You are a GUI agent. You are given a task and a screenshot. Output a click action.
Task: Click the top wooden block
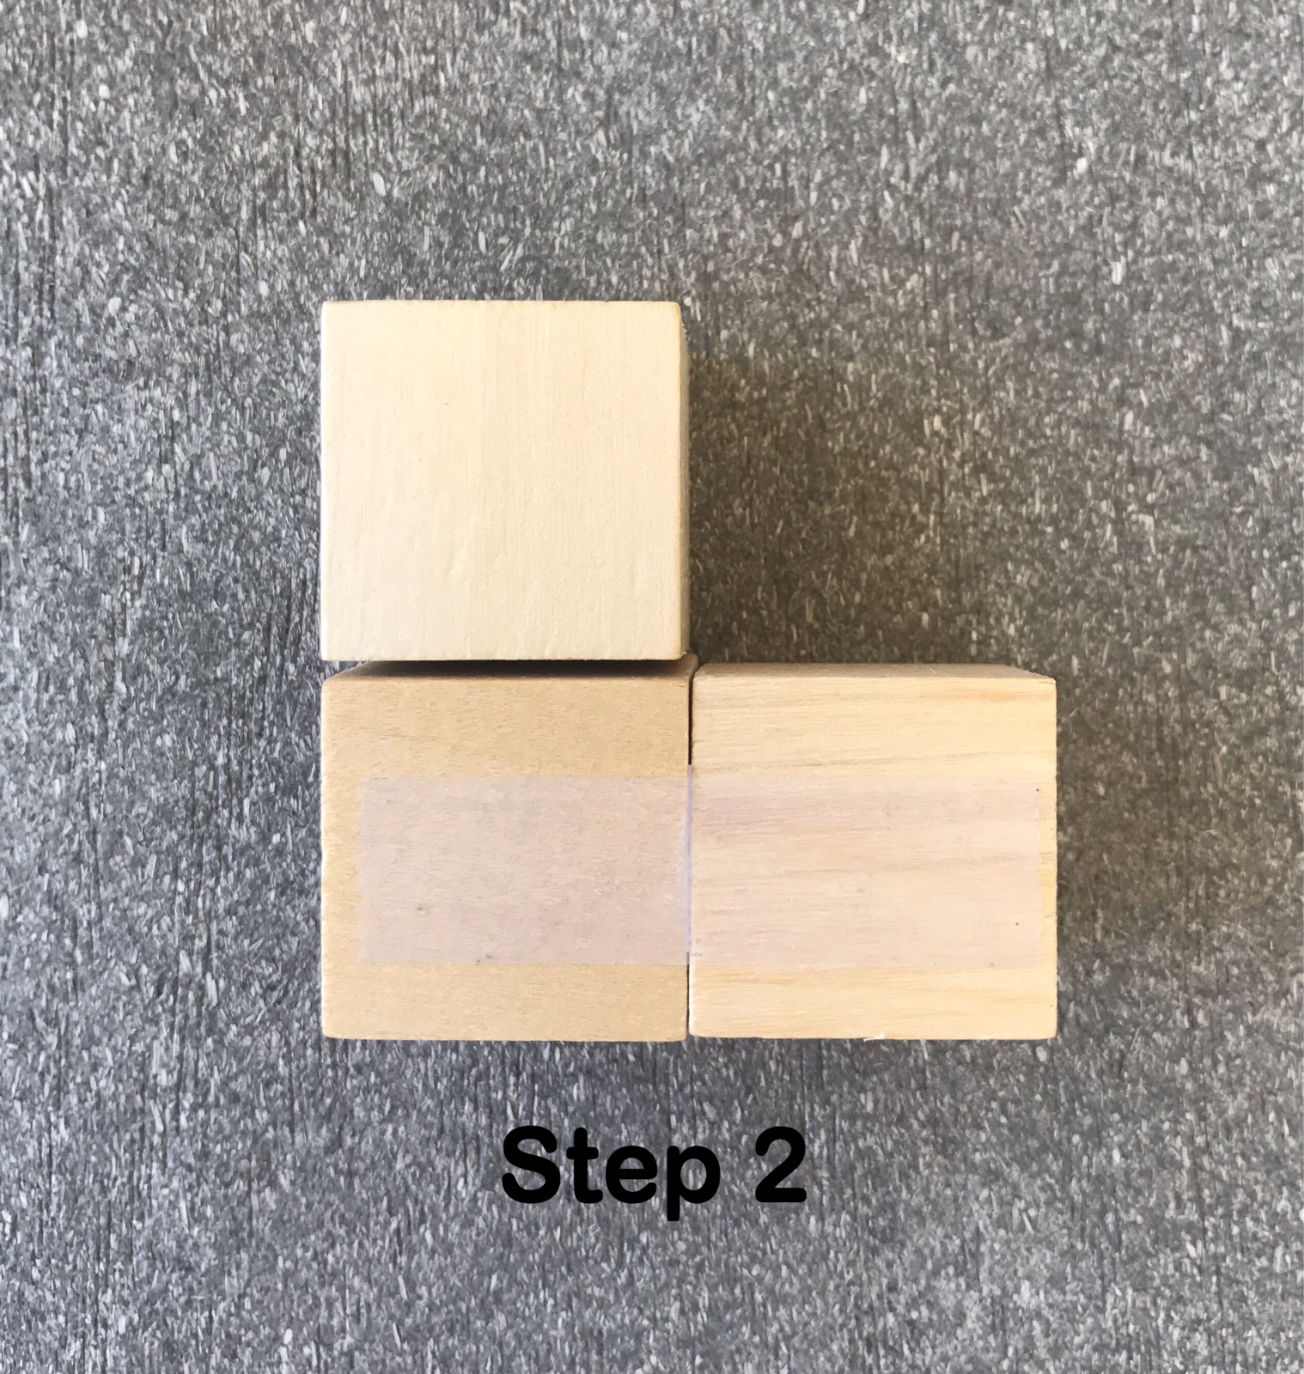(504, 481)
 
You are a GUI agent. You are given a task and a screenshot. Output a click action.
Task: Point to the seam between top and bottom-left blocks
(505, 661)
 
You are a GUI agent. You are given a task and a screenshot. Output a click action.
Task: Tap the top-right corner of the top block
(682, 302)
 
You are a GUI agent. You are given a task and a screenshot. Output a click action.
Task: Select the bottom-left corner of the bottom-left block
(325, 1039)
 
